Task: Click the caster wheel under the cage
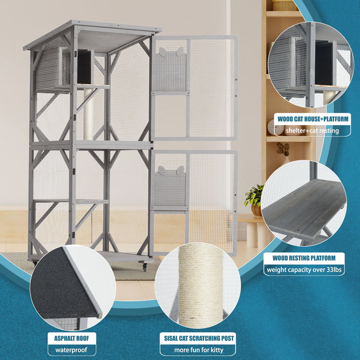coord(146,267)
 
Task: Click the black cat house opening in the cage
coord(84,67)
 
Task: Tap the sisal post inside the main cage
coord(88,113)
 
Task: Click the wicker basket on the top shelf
coord(285,5)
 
